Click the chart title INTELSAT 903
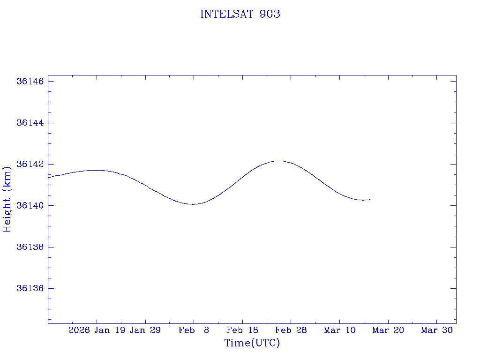pos(240,14)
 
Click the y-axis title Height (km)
pos(7,199)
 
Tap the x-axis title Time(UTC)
pos(252,343)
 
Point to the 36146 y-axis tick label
pos(30,82)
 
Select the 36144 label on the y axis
pos(30,123)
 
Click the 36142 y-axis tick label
pos(30,164)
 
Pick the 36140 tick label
pos(30,205)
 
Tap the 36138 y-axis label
pos(30,247)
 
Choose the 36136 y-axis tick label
pos(30,288)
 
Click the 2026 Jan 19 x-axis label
pos(97,330)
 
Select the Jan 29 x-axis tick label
pos(145,330)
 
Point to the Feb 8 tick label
pos(194,330)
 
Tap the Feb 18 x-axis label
pos(242,330)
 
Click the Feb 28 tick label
pos(291,330)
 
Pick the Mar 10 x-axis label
pos(340,330)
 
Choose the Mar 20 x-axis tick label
pos(388,330)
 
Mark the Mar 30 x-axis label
pos(437,330)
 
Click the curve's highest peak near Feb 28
pos(279,161)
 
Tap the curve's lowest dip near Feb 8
pos(193,204)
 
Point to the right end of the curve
pos(370,200)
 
